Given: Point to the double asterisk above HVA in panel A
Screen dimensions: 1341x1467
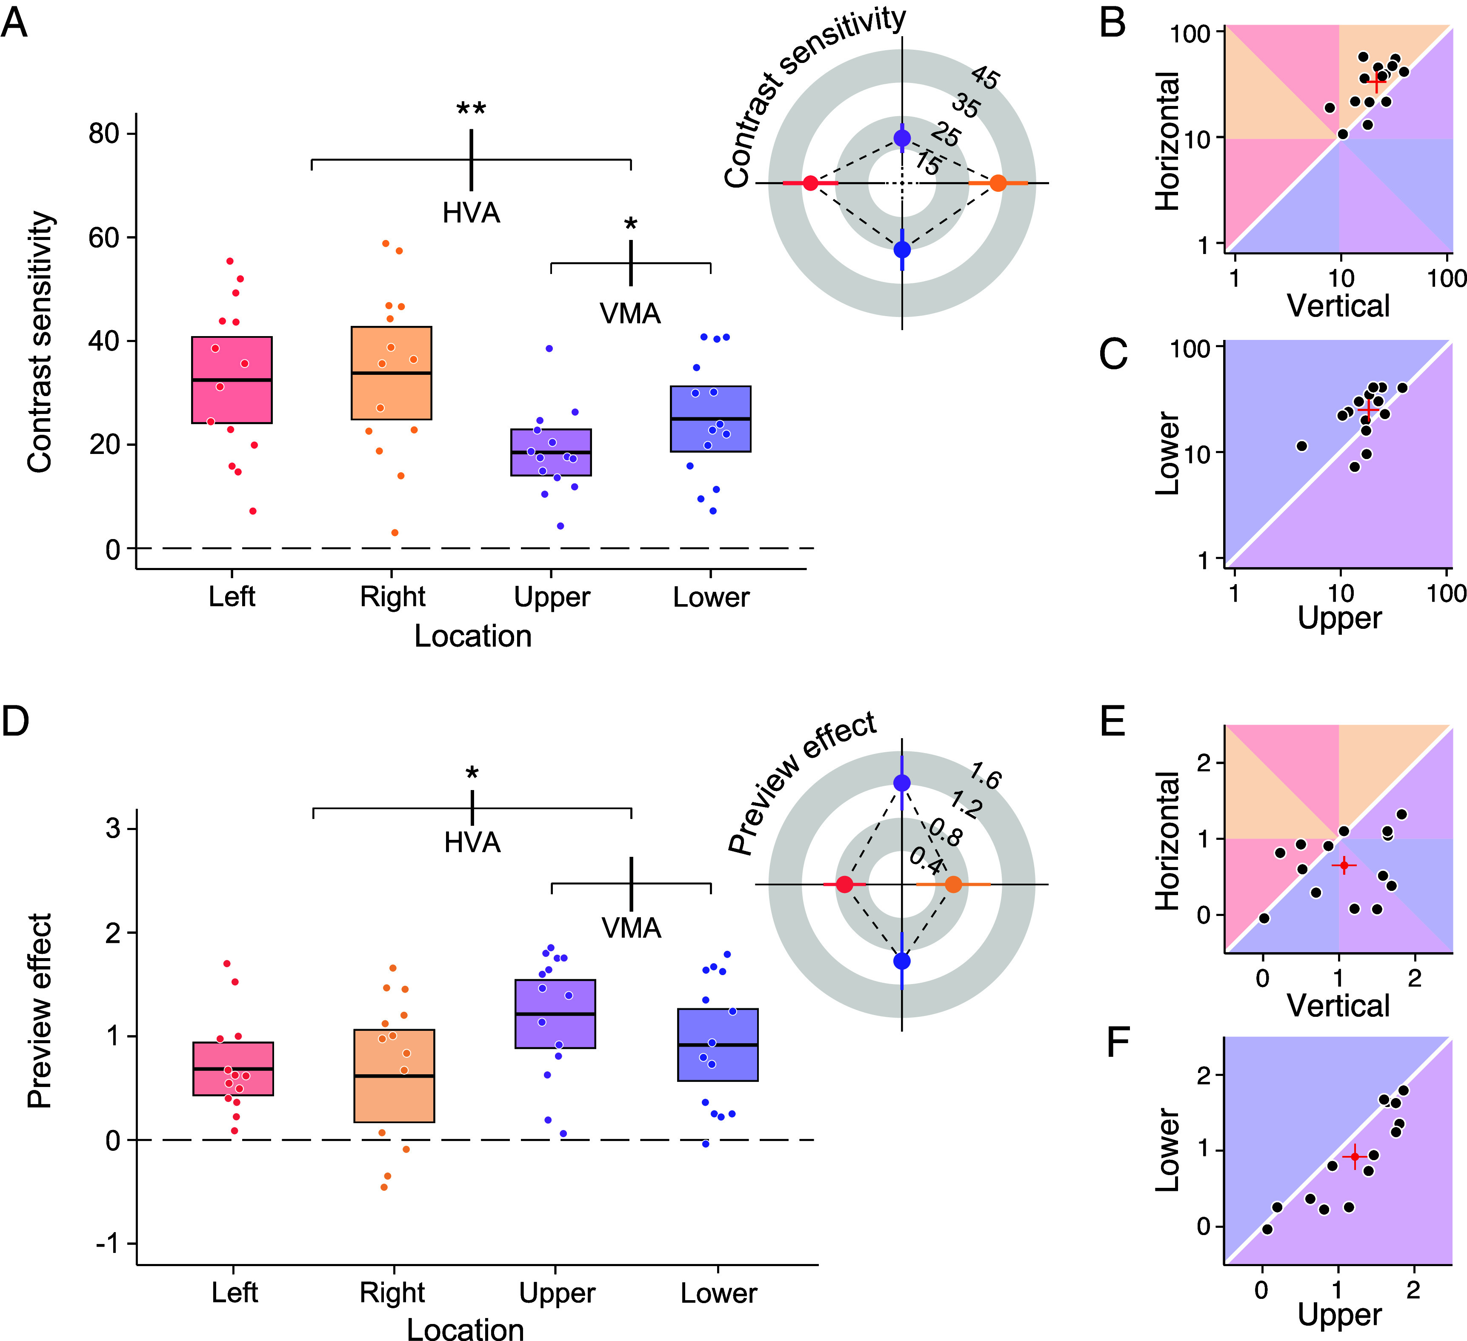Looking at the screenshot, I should point(472,110).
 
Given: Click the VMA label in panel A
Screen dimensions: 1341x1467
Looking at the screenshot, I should point(630,314).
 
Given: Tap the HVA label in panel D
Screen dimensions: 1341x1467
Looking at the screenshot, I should point(472,842).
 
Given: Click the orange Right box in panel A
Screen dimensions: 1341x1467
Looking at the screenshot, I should point(392,373).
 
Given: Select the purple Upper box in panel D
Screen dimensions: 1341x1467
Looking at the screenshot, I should point(555,1013).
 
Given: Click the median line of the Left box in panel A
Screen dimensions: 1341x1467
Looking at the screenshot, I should point(232,380).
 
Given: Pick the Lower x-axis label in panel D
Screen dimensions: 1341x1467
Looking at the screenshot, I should point(718,1293).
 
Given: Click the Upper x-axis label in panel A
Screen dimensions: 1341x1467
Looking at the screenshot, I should point(552,596).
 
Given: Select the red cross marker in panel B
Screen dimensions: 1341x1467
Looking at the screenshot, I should point(1375,84).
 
